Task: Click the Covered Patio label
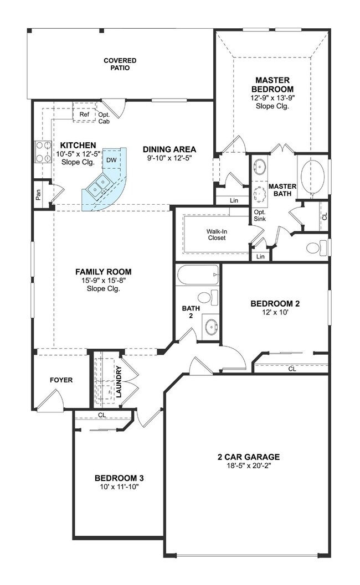(120, 64)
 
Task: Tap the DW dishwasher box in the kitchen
(112, 161)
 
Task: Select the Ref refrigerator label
(84, 115)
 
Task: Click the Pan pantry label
(38, 195)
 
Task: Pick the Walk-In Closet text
(217, 234)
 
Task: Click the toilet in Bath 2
(205, 297)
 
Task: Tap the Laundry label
(119, 381)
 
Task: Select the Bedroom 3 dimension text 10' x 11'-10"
(116, 487)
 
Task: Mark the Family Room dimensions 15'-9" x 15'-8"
(104, 281)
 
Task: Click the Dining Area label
(169, 149)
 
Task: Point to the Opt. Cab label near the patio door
(104, 118)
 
